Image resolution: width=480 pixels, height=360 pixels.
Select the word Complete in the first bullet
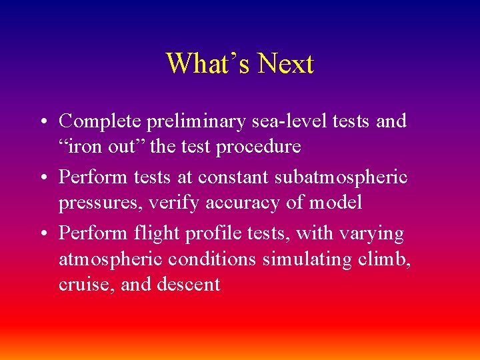[x=99, y=121]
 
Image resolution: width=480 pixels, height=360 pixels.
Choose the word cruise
[x=79, y=284]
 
